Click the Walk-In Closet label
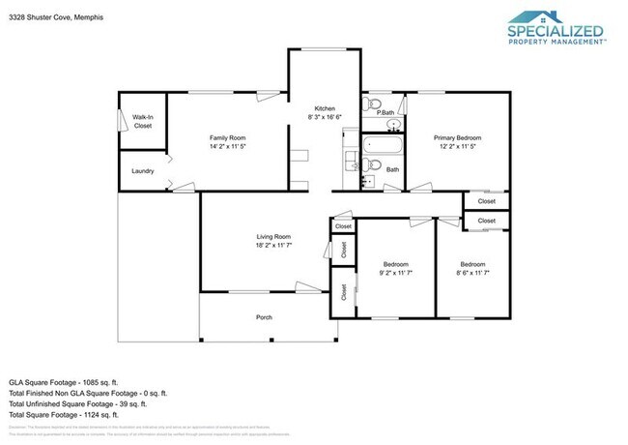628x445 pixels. tap(142, 121)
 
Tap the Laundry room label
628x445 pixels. tap(142, 171)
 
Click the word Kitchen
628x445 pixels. tap(324, 107)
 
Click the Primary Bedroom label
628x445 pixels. tap(456, 138)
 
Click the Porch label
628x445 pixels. tap(264, 317)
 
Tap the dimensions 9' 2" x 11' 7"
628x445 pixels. tap(396, 274)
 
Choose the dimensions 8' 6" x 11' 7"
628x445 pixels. tap(472, 274)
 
